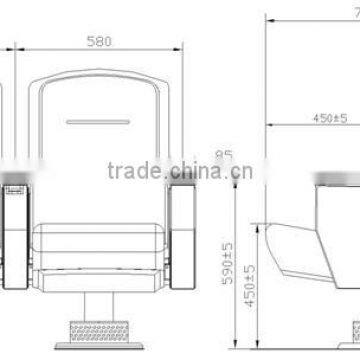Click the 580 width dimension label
pyautogui.click(x=97, y=42)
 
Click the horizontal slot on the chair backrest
pyautogui.click(x=98, y=123)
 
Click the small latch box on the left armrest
pyautogui.click(x=14, y=186)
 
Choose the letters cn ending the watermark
pyautogui.click(x=240, y=171)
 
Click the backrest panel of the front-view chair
pyautogui.click(x=98, y=110)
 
